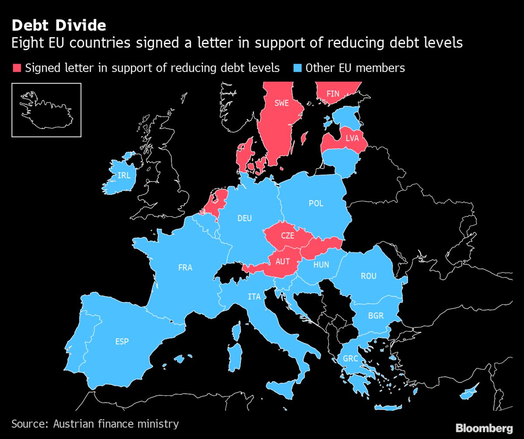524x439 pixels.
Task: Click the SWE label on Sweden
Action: coord(281,103)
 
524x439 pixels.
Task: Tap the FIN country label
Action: coord(333,93)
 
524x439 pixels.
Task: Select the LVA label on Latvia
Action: coord(352,138)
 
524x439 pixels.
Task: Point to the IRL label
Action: coord(124,175)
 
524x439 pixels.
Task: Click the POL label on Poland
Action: coord(316,204)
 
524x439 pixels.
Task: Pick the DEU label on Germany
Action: coord(245,218)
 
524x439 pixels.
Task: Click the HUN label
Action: coord(321,265)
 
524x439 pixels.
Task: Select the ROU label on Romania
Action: coord(368,276)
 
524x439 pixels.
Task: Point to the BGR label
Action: coord(376,315)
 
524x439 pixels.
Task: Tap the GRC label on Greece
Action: coord(350,358)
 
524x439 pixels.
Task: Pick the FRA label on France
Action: coord(185,267)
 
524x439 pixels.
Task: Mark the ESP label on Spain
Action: coord(122,341)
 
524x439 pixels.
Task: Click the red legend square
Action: coord(17,68)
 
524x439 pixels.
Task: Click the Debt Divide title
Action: coord(59,25)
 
